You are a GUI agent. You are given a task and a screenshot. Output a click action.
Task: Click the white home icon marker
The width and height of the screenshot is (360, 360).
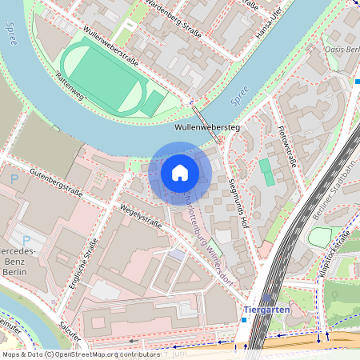pos(180,173)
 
